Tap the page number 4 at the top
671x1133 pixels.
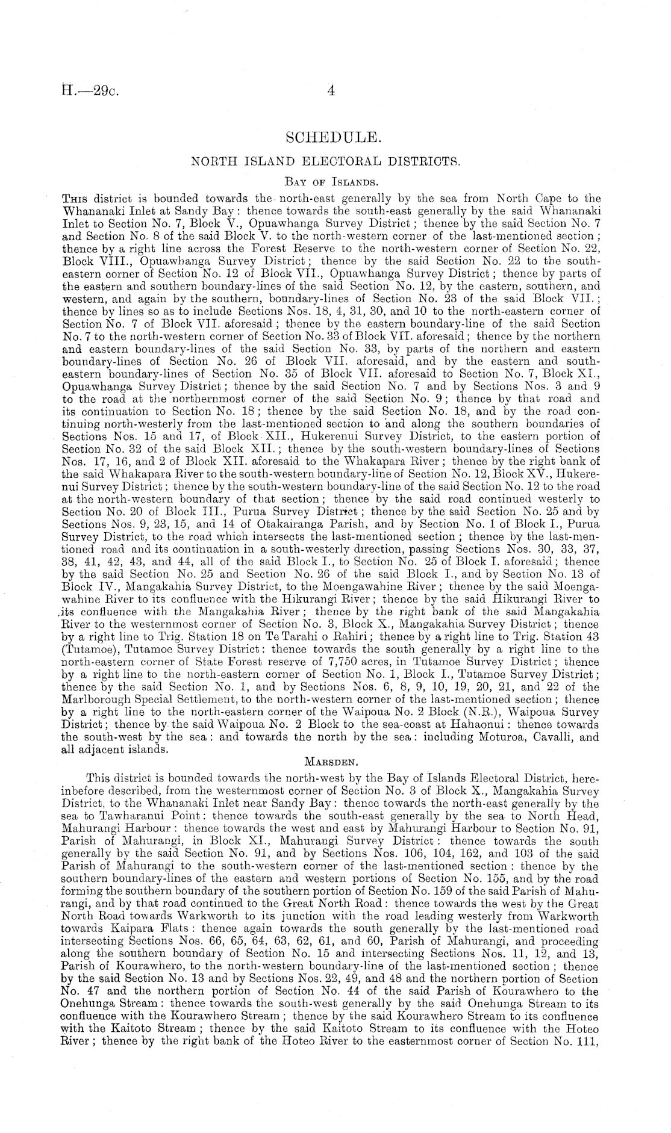330,91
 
